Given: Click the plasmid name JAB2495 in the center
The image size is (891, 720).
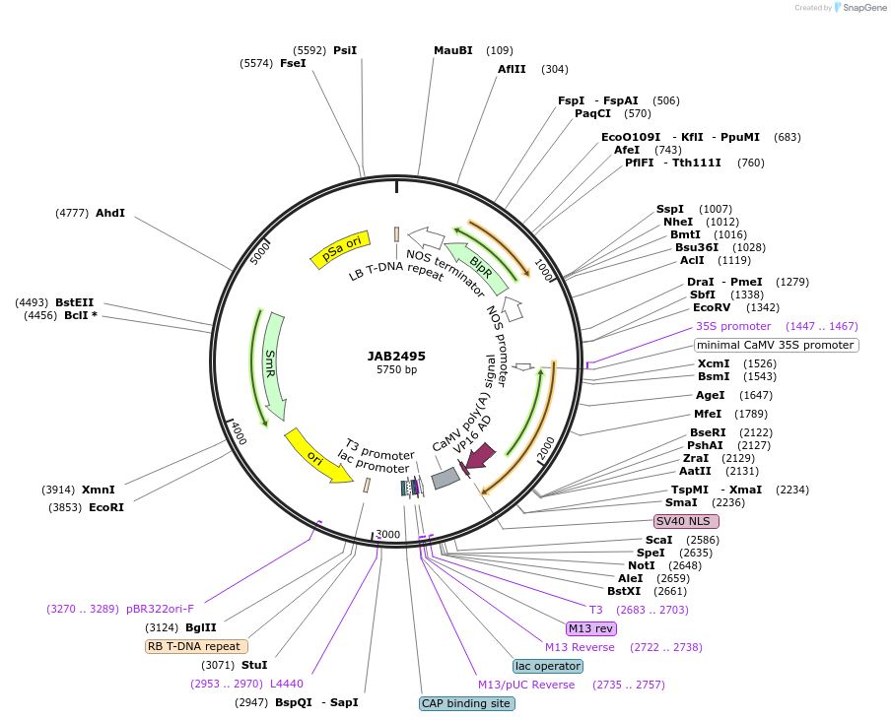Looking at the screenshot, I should (x=396, y=356).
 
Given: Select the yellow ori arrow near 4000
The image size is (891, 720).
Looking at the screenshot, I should (x=316, y=455).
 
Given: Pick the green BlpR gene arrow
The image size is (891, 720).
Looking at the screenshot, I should (x=479, y=263).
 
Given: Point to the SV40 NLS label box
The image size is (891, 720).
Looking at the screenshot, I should (x=687, y=521).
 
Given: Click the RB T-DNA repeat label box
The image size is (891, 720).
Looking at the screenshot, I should (x=196, y=646).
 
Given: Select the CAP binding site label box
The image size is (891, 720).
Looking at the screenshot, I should (x=466, y=703).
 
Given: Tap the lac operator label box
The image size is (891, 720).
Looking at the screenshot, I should (x=548, y=666).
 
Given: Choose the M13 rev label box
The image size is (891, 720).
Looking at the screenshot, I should (x=591, y=628).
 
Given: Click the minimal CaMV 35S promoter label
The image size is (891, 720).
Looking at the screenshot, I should (x=776, y=345).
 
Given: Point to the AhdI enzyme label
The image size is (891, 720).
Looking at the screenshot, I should (x=110, y=213).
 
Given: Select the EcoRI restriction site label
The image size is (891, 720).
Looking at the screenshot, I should (x=106, y=507).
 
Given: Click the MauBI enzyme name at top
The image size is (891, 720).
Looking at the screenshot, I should (x=453, y=50).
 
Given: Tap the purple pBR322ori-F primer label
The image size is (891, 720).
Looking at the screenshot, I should (x=161, y=609).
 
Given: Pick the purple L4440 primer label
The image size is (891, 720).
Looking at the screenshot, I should (x=287, y=684).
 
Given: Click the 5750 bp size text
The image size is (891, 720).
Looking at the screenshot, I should (x=396, y=370).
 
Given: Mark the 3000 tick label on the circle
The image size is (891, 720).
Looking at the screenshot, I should (x=388, y=534).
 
